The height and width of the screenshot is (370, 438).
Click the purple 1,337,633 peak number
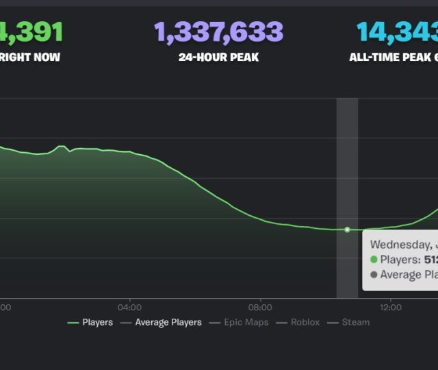point(218,32)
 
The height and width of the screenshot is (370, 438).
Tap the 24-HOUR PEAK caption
point(218,58)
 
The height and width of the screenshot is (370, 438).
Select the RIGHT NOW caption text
point(30,58)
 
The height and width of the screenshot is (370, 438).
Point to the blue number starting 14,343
point(397,32)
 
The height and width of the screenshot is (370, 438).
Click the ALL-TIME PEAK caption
point(393,58)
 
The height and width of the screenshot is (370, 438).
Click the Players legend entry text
point(97,322)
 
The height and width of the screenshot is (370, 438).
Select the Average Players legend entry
point(168,322)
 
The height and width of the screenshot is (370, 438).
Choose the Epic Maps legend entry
point(246,322)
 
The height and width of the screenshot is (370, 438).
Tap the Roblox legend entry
point(305,322)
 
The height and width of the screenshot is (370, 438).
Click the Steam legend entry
point(356,322)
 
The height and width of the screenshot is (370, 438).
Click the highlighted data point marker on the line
point(347,230)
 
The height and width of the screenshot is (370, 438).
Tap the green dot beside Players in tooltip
point(374,260)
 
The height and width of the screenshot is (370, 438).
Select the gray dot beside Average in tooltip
point(374,275)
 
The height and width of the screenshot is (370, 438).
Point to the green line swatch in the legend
point(73,322)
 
